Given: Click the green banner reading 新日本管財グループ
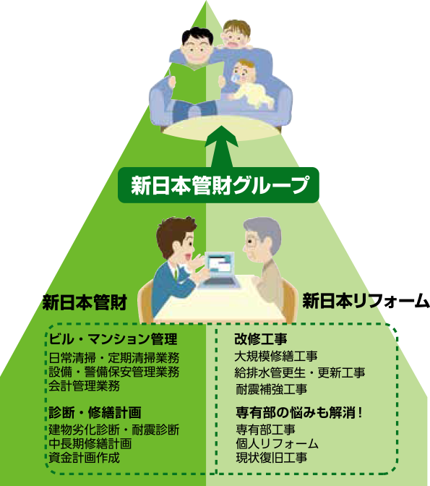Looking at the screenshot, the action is tap(218, 185).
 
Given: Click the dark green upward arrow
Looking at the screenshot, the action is tap(221, 146).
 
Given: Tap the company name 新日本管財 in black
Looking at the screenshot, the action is tap(85, 302).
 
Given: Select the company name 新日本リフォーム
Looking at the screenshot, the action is tap(366, 301).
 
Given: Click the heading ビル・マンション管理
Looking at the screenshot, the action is tap(113, 338).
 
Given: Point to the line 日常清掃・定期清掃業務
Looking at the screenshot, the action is tap(114, 358).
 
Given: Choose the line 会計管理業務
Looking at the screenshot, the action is tap(84, 385).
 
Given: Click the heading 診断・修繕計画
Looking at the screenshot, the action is tap(95, 412).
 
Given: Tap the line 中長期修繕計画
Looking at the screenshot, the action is tap(90, 443).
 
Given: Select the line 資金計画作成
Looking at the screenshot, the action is tap(84, 458).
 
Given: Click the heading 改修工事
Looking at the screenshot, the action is tap(261, 339).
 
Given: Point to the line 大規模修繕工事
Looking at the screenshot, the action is tap(276, 356).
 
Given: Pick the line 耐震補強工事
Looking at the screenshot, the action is tap(272, 389).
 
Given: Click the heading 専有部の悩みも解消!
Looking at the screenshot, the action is tap(299, 412).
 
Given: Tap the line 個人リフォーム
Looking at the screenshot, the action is tap(277, 443).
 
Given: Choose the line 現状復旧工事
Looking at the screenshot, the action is tap(272, 458).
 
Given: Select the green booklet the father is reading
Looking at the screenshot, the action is tap(197, 82).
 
